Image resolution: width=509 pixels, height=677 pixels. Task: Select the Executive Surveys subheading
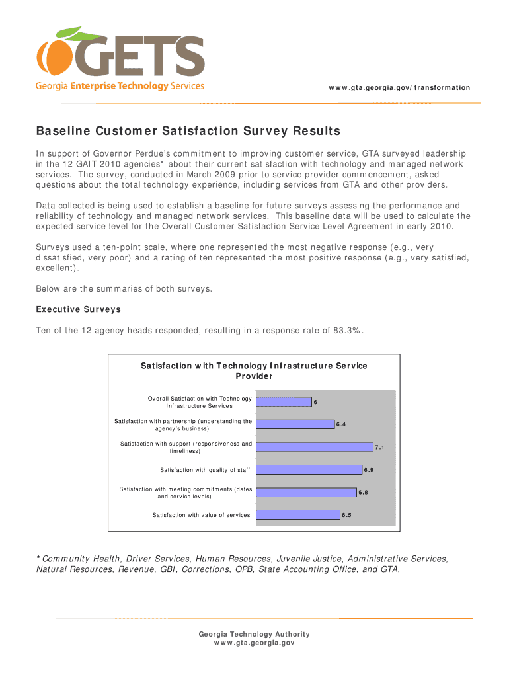[78, 309]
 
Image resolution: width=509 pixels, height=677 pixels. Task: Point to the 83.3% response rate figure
[347, 331]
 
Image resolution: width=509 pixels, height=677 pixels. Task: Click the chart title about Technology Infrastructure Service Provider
[254, 371]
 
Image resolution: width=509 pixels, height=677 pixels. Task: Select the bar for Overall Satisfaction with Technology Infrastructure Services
[283, 402]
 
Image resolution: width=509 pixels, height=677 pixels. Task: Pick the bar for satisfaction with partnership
[295, 424]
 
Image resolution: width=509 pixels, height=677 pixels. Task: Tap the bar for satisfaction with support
[314, 447]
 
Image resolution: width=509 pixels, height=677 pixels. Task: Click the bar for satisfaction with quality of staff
[309, 470]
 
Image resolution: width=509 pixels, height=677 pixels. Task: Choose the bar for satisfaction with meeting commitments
[306, 493]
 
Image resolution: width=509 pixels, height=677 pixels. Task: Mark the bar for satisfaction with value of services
[297, 515]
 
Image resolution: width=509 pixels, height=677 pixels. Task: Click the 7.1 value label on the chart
[379, 448]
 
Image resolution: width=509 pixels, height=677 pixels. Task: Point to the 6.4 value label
[341, 425]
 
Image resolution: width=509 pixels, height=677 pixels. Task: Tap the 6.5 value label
[346, 516]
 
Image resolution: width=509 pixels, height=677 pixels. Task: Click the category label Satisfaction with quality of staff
[205, 470]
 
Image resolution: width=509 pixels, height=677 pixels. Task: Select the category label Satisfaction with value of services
[202, 515]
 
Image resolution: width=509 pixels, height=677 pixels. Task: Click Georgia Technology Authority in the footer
[255, 634]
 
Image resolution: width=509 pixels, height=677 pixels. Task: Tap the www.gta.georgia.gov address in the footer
[255, 643]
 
